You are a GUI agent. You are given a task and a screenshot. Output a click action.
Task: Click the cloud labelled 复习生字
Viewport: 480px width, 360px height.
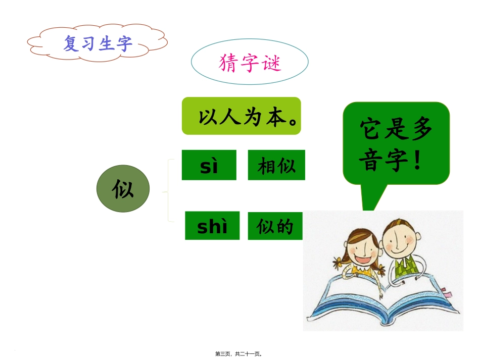point(97,43)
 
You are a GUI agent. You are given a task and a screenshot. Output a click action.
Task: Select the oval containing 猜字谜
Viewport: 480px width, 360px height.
point(250,63)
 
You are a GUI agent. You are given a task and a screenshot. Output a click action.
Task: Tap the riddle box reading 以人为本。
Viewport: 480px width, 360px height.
point(241,116)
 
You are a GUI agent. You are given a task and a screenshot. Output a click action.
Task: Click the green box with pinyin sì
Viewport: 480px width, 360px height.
point(209,165)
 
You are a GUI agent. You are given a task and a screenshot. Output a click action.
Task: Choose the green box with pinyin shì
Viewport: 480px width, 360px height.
point(212,226)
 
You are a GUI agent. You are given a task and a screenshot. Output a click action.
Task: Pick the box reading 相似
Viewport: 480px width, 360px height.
point(276,165)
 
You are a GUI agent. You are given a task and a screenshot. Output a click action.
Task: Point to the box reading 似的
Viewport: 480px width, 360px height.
point(275,226)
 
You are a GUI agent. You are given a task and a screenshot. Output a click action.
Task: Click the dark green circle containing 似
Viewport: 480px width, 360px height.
point(123,189)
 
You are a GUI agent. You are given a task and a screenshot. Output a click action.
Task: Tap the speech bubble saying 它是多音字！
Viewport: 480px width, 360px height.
point(396,144)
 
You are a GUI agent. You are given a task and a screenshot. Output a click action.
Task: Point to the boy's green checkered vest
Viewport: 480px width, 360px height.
point(404,268)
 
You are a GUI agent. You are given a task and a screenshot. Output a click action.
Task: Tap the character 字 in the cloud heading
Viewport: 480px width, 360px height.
point(124,44)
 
